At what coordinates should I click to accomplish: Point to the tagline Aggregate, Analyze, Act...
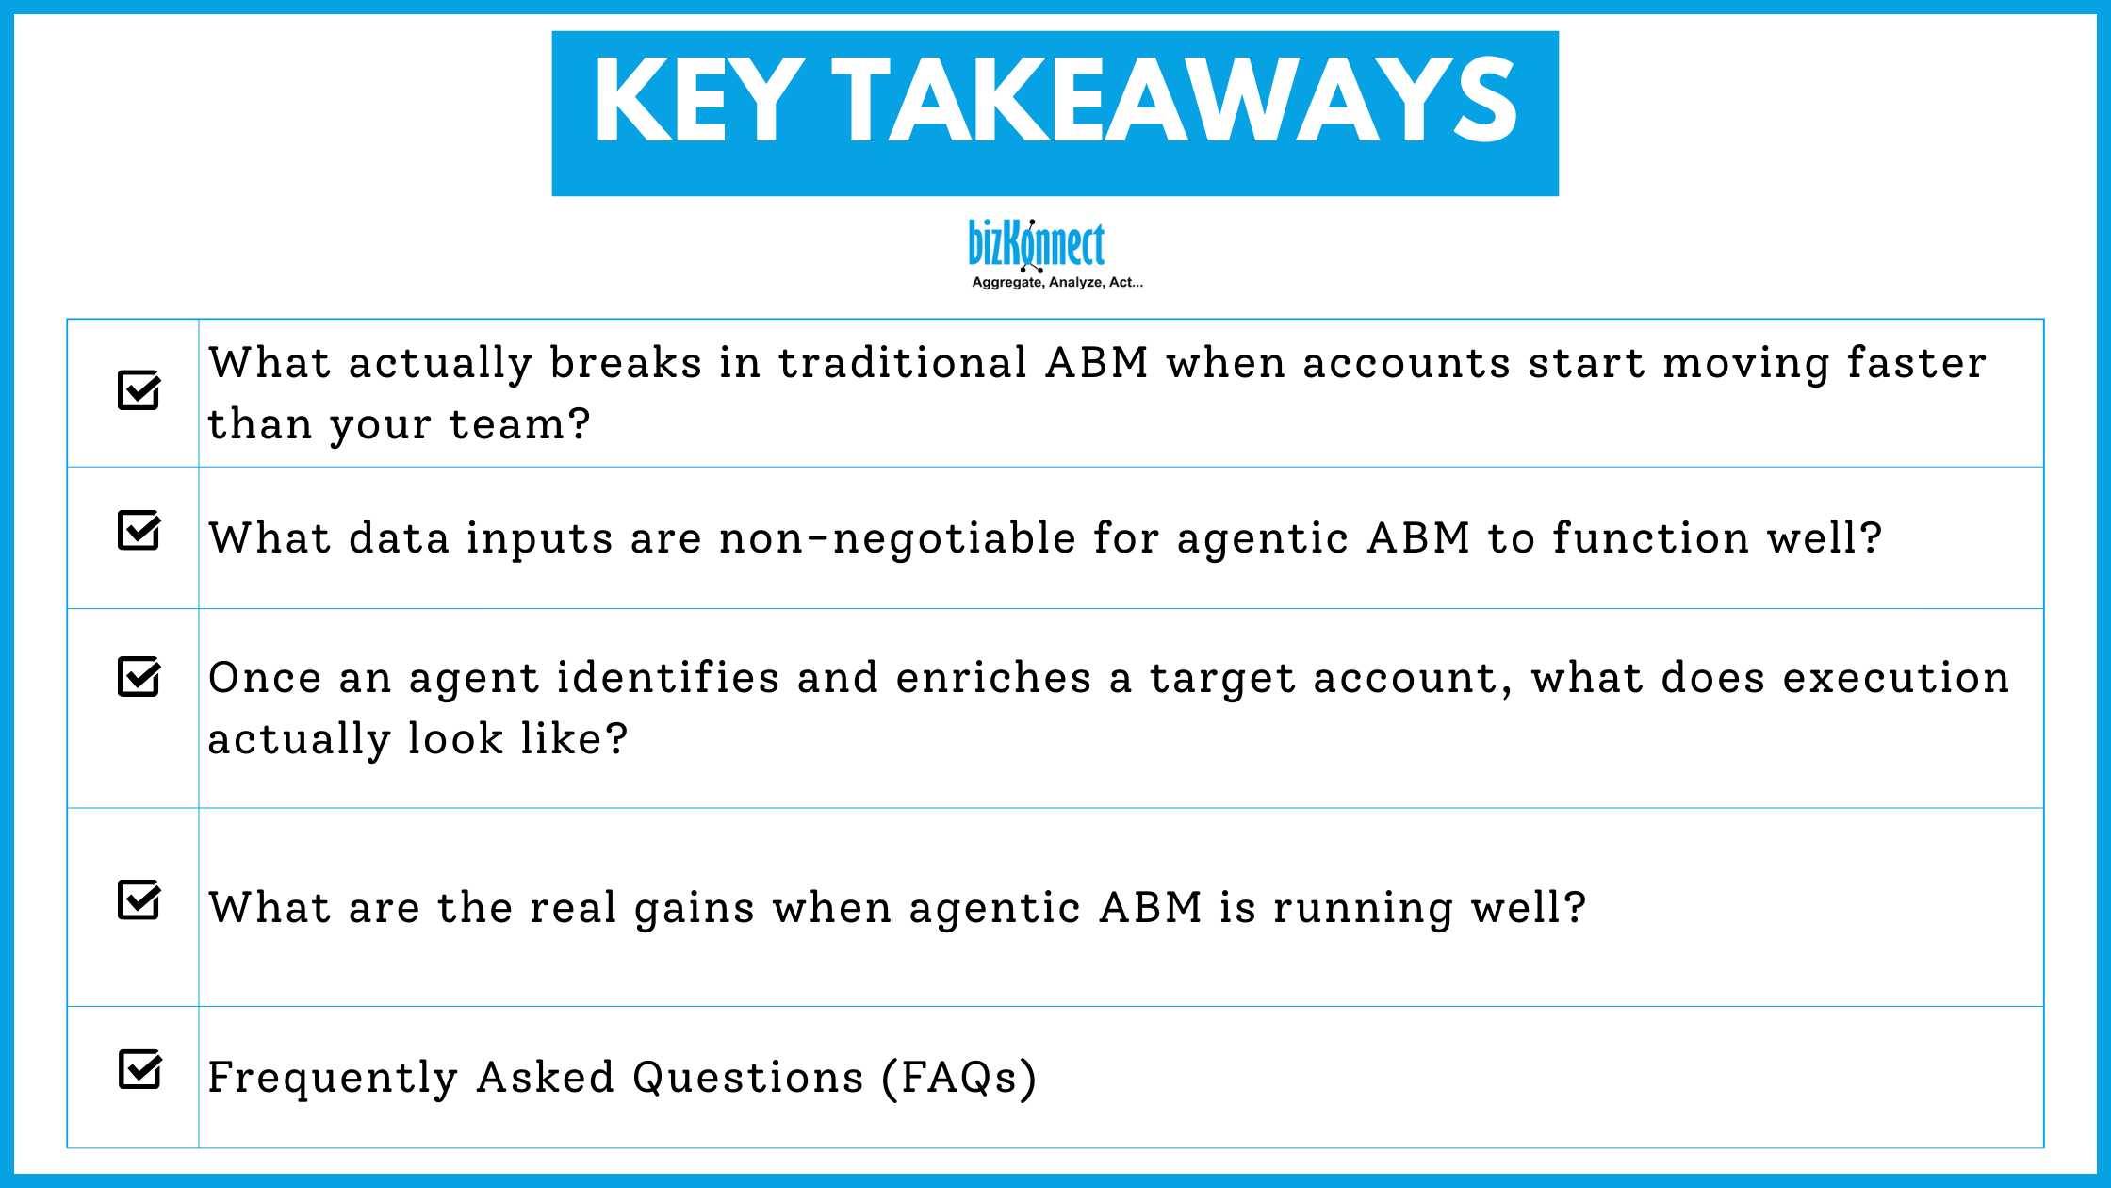(x=1056, y=282)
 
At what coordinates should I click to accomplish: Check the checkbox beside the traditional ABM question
(x=139, y=390)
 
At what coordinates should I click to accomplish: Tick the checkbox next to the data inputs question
(x=139, y=531)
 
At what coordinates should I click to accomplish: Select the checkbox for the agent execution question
(x=139, y=676)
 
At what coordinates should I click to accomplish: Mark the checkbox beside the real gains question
(x=139, y=900)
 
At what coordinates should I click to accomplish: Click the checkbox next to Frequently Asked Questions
(x=139, y=1070)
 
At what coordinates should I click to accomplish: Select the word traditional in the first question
(x=903, y=363)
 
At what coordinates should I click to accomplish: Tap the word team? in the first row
(x=519, y=424)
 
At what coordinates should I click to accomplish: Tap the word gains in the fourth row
(x=694, y=908)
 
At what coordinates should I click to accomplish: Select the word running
(x=1363, y=908)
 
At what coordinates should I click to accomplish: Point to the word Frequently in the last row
(x=333, y=1078)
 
